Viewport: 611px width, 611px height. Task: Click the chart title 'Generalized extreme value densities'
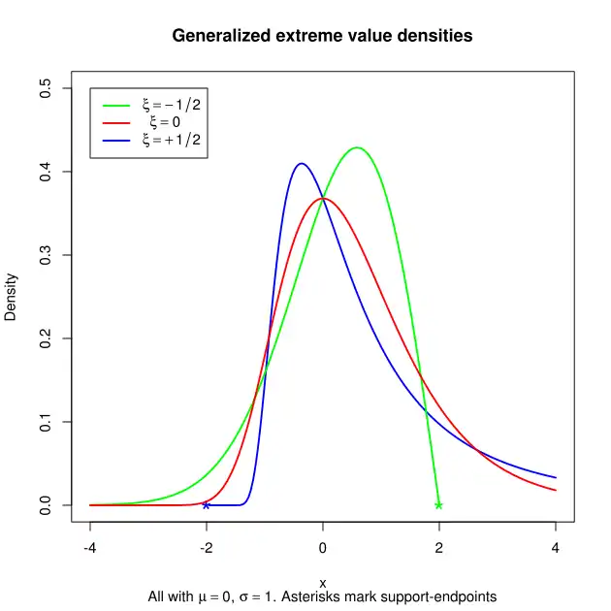[x=322, y=36]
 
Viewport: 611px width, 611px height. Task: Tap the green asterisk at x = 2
[x=438, y=505]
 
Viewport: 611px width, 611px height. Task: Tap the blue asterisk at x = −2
[x=206, y=505]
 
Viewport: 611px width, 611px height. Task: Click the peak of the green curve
[x=358, y=147]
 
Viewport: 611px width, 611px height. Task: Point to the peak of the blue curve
[x=301, y=164]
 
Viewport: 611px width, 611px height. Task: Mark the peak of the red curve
[x=323, y=199]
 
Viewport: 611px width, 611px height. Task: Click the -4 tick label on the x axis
[x=90, y=547]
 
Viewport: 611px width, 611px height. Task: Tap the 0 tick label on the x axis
[x=323, y=547]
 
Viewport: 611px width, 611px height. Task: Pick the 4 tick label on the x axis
[x=556, y=547]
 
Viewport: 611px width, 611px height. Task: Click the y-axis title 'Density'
[x=12, y=297]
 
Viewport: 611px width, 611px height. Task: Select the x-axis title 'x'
[x=323, y=582]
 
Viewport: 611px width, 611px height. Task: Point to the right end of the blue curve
[x=555, y=477]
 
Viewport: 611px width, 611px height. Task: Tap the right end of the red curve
[x=555, y=490]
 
